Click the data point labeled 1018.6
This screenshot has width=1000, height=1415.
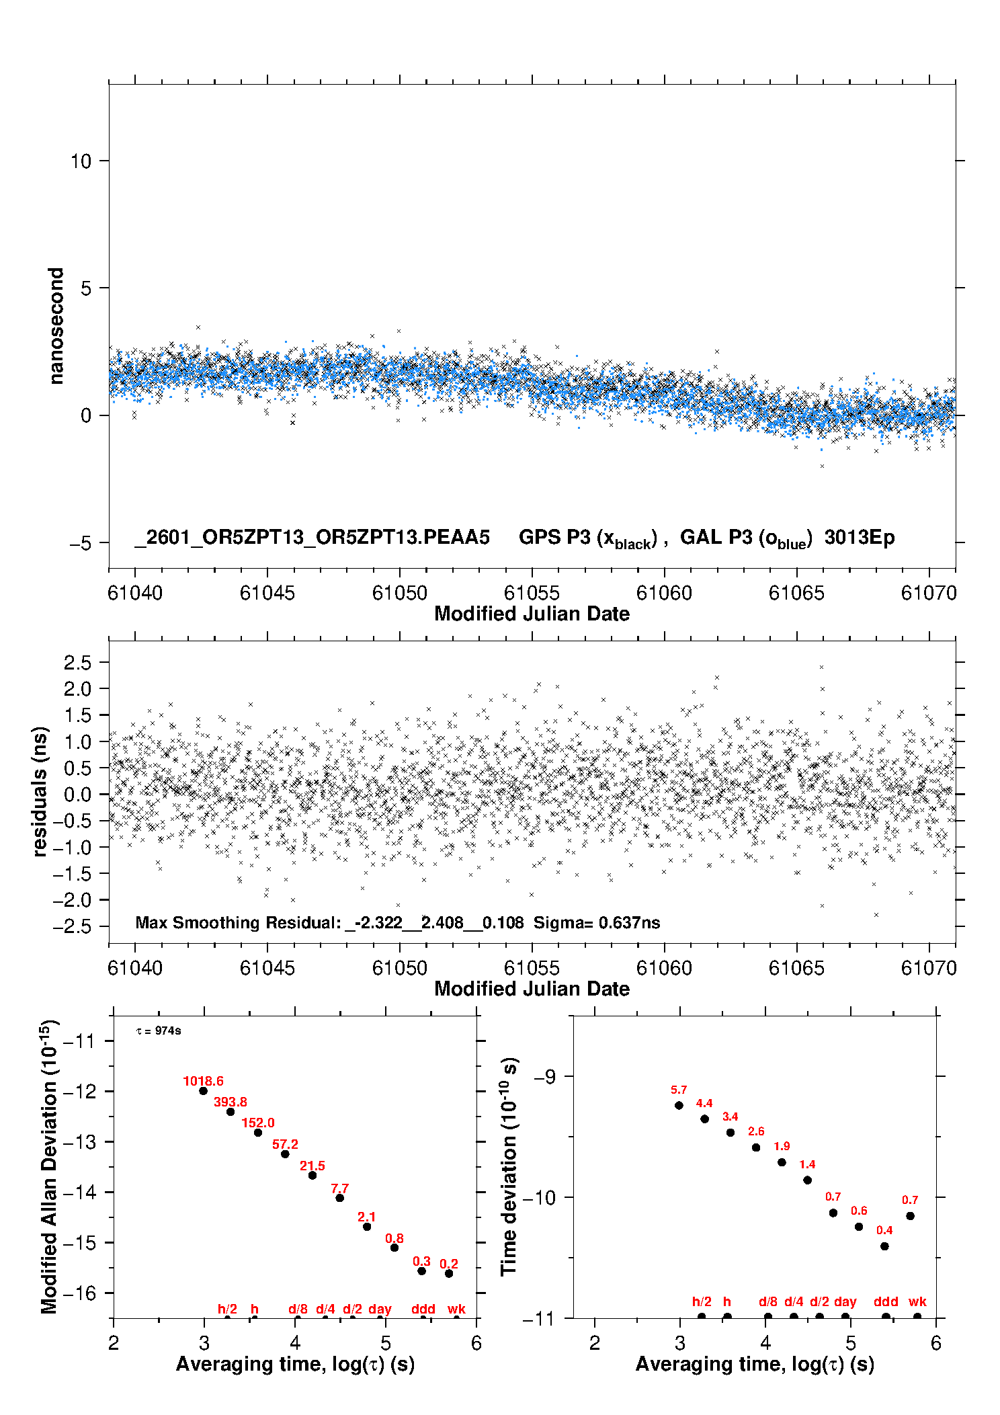(x=203, y=1091)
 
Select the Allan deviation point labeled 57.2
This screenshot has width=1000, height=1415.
(x=285, y=1154)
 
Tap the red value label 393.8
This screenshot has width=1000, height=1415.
(x=231, y=1102)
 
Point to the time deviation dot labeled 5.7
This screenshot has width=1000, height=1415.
(x=679, y=1106)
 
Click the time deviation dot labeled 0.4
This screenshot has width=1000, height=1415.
(x=884, y=1246)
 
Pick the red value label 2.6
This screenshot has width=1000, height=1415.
(x=756, y=1132)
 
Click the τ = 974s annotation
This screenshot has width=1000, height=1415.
(x=159, y=1031)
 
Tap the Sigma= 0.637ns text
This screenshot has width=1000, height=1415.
(x=597, y=923)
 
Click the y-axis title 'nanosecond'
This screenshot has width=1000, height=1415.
(x=56, y=325)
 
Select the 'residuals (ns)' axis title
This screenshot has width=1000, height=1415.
(x=40, y=792)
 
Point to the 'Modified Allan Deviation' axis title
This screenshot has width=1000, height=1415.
(x=48, y=1166)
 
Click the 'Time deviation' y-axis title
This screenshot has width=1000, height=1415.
(x=509, y=1166)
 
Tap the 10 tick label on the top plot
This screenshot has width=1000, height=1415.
(x=81, y=161)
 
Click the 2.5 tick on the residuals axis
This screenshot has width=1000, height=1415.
(x=77, y=663)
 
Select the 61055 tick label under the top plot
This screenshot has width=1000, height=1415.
(x=532, y=594)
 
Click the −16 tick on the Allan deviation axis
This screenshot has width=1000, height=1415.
(x=79, y=1293)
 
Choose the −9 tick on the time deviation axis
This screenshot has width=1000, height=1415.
(x=545, y=1077)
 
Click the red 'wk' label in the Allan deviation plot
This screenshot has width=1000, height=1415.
(x=456, y=1309)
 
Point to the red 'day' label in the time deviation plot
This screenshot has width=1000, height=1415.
(x=845, y=1302)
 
